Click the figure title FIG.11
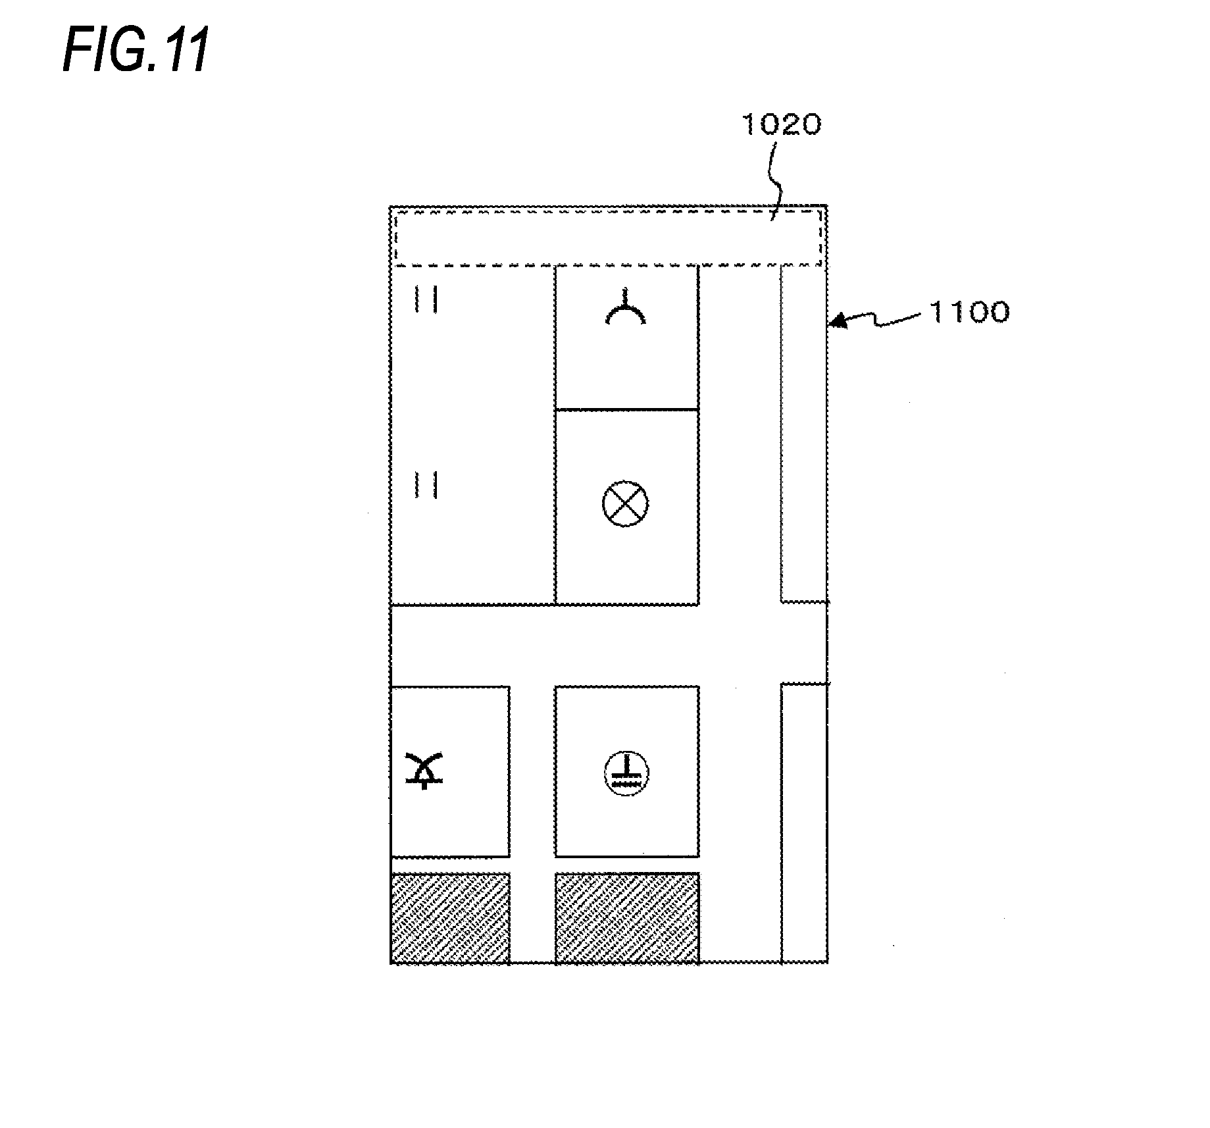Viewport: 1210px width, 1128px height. (x=136, y=50)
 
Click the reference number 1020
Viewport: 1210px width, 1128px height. (x=781, y=124)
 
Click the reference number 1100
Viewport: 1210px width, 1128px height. (x=969, y=312)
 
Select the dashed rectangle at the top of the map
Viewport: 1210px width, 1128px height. (x=608, y=238)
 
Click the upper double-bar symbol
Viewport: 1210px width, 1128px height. (x=426, y=300)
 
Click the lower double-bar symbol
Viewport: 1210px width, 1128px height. (x=426, y=485)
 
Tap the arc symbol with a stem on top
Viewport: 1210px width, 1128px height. (x=625, y=310)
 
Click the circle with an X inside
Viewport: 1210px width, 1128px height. (x=625, y=503)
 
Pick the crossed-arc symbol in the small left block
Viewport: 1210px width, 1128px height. (x=425, y=770)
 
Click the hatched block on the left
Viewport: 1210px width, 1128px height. (x=450, y=917)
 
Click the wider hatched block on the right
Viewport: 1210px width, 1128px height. (x=626, y=917)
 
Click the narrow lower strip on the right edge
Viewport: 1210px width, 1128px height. (x=803, y=823)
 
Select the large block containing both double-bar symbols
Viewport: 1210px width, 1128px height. (x=472, y=434)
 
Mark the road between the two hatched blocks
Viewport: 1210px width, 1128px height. (x=532, y=917)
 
